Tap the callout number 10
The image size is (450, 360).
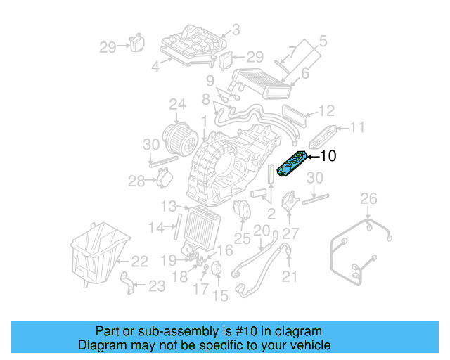click(328, 156)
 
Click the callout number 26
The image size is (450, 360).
click(369, 200)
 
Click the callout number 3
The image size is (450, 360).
click(236, 30)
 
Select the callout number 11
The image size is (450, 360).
click(358, 127)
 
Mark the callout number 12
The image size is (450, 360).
click(326, 110)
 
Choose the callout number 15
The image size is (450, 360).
click(221, 296)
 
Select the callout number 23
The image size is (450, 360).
click(157, 285)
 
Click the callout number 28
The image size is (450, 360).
click(136, 181)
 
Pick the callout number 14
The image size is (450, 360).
click(161, 227)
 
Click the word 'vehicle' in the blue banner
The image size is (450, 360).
click(305, 345)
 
